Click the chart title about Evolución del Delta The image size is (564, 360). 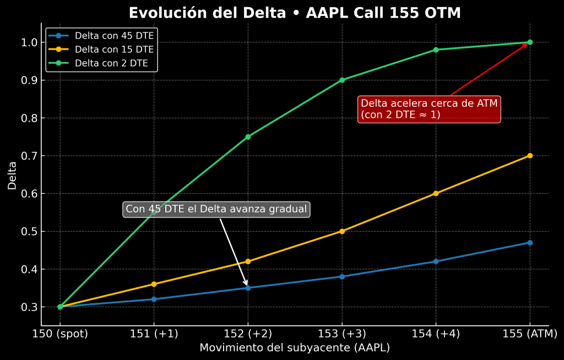tap(295, 13)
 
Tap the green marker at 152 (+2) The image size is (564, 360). tap(248, 137)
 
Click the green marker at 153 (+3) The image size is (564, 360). tap(342, 80)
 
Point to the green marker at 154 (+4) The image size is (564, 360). tap(436, 50)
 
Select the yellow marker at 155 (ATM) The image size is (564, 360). tap(530, 156)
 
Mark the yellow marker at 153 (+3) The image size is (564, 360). tap(342, 231)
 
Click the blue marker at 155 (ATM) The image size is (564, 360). tap(530, 243)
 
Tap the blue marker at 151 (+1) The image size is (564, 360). tap(154, 299)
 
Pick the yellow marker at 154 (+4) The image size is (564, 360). tap(436, 193)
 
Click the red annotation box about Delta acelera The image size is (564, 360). tap(429, 109)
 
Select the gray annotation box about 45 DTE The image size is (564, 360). tap(216, 209)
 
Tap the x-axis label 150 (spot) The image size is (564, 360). tap(60, 334)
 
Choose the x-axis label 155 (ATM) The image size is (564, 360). tap(530, 334)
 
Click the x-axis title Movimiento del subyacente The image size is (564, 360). tap(295, 348)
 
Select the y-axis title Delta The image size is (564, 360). tap(12, 175)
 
